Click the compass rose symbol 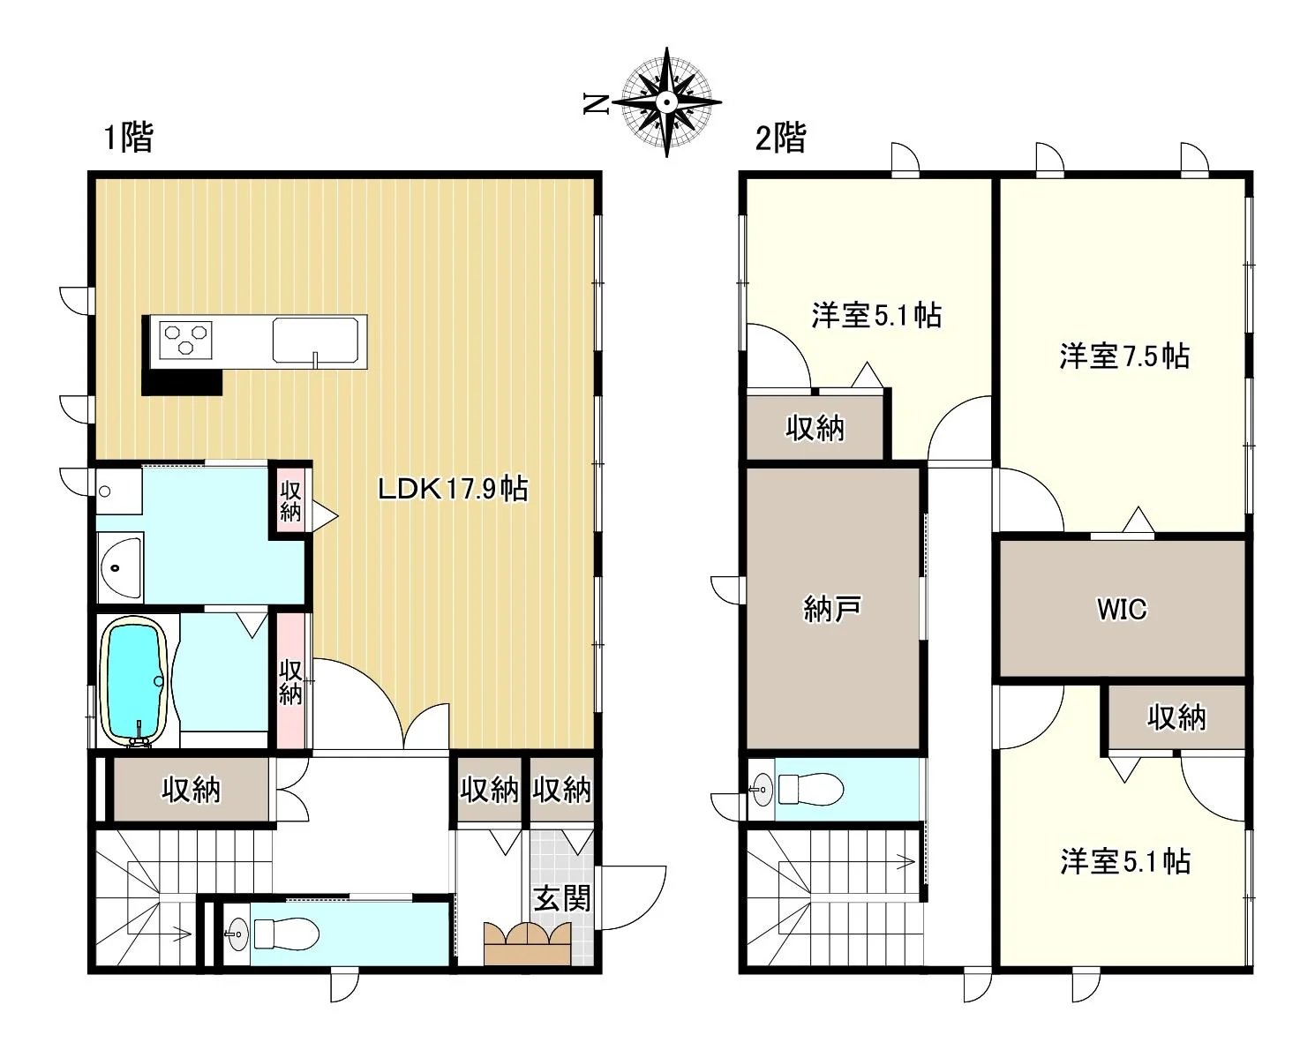click(666, 102)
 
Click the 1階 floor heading click(129, 137)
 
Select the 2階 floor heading click(780, 138)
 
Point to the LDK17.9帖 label click(453, 489)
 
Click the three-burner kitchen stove click(185, 340)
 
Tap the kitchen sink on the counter click(315, 341)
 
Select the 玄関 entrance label click(562, 898)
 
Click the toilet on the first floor click(287, 934)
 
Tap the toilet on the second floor click(811, 790)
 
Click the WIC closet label click(1122, 610)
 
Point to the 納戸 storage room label click(831, 609)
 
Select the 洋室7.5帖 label click(1124, 356)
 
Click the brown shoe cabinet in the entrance click(528, 943)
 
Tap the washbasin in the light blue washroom click(121, 567)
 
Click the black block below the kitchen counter click(182, 382)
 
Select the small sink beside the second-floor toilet click(762, 790)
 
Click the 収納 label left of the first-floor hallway click(192, 791)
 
